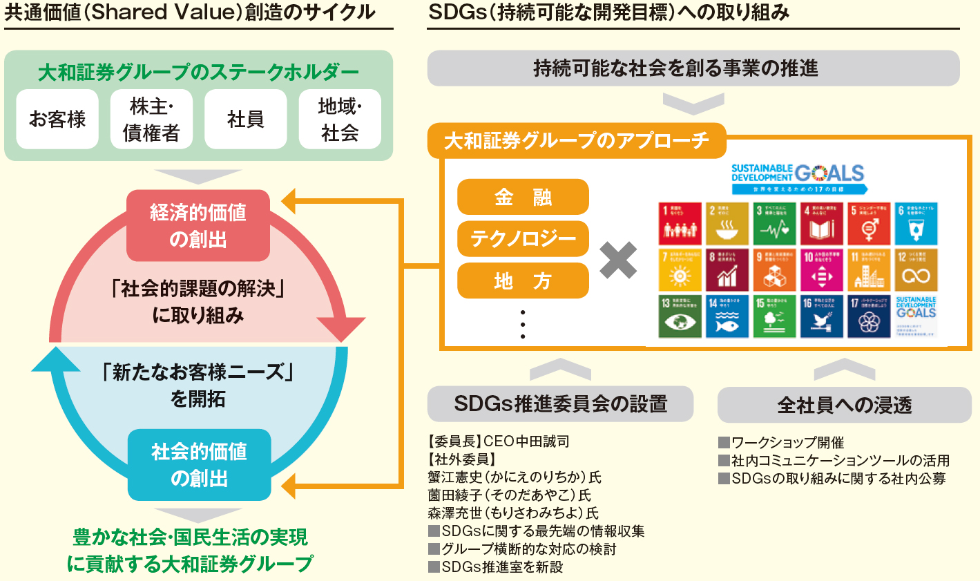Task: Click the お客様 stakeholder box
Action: tap(57, 120)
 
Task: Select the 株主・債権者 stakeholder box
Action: tap(151, 120)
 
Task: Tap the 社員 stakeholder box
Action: tap(245, 120)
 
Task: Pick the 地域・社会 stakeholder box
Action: tap(339, 120)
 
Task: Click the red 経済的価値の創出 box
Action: tap(198, 226)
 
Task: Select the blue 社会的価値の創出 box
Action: tap(199, 465)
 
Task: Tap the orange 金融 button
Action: tap(523, 198)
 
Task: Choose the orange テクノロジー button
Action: tap(523, 239)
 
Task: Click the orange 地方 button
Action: tap(523, 281)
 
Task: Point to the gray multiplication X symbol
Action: tap(618, 260)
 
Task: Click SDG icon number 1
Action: tap(680, 224)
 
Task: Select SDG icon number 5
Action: tap(869, 224)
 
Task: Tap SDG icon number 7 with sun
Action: tap(680, 270)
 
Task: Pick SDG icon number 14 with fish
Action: tap(727, 316)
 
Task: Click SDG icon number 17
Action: tap(869, 316)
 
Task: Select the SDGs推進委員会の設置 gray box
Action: tap(560, 404)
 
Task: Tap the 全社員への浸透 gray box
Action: tap(844, 405)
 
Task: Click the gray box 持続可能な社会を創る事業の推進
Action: tap(693, 68)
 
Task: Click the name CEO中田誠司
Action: tap(526, 441)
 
